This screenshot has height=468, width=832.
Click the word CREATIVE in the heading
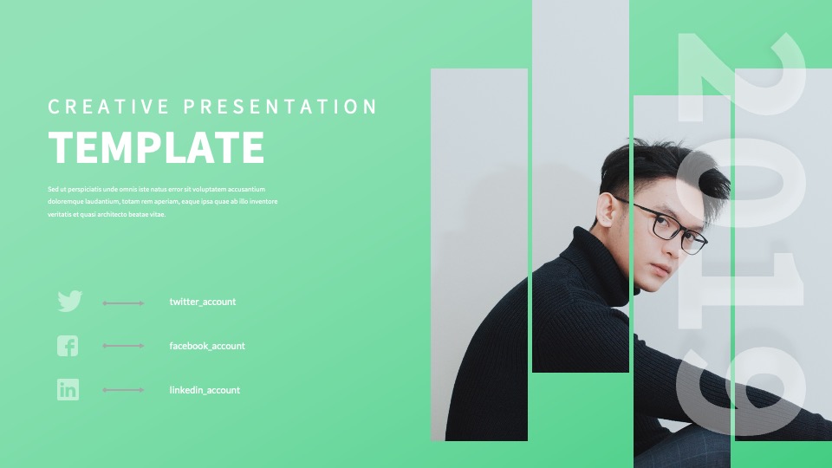click(108, 107)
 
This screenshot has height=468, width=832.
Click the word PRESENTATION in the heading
click(280, 107)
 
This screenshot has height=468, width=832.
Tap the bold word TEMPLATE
click(156, 147)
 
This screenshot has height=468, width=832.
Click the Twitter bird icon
click(69, 301)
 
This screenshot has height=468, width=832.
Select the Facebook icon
click(68, 346)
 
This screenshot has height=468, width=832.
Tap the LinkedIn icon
click(68, 389)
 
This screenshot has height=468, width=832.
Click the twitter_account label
click(203, 302)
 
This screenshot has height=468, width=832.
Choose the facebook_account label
click(207, 346)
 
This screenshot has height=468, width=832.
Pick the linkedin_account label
click(205, 390)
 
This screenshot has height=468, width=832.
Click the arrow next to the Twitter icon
click(123, 303)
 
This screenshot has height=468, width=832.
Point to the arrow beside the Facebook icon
click(123, 346)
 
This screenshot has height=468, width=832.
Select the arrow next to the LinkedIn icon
click(123, 390)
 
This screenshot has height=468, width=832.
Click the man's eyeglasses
click(665, 224)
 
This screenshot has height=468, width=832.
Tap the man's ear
click(606, 210)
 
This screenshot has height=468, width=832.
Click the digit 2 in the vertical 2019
click(741, 77)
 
